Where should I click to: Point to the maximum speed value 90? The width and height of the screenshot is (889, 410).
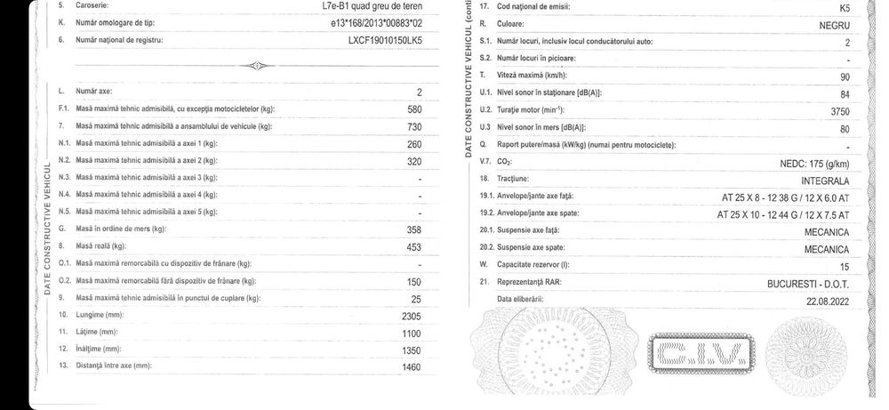(845, 76)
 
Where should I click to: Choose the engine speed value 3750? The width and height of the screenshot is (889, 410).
(839, 111)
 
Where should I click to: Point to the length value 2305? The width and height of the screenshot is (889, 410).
(406, 316)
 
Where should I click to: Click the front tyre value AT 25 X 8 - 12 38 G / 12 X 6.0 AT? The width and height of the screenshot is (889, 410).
(786, 197)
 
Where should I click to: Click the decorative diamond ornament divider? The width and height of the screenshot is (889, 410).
(254, 66)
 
